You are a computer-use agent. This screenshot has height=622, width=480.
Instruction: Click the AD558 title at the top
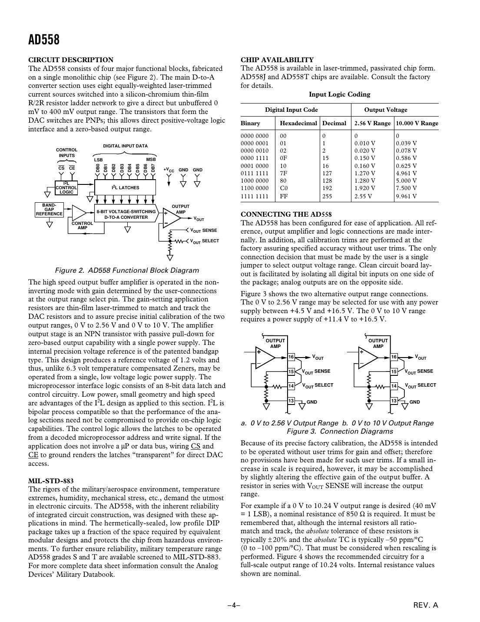tap(44, 40)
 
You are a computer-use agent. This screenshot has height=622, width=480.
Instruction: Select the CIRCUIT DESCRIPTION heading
tap(71, 60)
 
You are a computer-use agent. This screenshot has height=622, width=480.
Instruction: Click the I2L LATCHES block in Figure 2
tap(126, 187)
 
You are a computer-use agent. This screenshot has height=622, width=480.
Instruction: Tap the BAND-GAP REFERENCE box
tap(49, 210)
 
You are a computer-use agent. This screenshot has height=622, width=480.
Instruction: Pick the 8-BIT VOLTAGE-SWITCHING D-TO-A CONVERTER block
tap(126, 214)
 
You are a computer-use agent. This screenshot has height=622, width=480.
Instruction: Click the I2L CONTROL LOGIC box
tap(66, 187)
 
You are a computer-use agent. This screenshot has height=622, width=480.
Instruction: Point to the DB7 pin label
tap(153, 168)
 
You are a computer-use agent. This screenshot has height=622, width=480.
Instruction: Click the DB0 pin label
tap(98, 168)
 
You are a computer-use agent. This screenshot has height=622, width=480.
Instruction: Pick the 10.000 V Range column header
tap(417, 123)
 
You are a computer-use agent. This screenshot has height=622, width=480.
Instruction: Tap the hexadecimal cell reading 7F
tap(284, 173)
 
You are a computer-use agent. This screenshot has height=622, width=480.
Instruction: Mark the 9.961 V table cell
tap(407, 196)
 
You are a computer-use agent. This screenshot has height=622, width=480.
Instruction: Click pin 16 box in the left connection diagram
tap(291, 357)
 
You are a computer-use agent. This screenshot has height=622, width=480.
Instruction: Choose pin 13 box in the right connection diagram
tap(394, 401)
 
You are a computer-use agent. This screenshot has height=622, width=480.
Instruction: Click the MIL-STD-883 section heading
tap(51, 481)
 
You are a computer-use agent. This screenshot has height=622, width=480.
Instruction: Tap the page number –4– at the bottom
tap(234, 605)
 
